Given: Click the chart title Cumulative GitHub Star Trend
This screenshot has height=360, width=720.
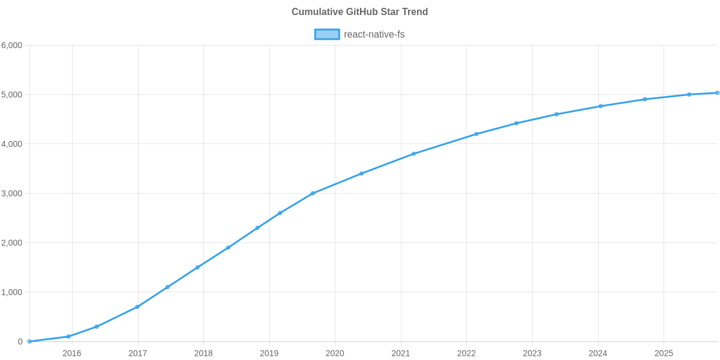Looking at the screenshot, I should click(x=359, y=12).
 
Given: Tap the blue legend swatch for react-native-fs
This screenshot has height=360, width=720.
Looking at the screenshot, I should click(x=326, y=34).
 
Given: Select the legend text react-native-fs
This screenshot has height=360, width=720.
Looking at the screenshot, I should click(x=374, y=34).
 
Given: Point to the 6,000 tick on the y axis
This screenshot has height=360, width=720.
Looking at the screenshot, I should click(x=12, y=46).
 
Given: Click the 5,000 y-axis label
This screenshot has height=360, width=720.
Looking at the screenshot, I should click(x=12, y=95).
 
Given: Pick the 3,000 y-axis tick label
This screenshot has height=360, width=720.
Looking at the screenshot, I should click(x=12, y=194).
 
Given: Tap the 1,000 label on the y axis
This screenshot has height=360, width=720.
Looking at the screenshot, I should click(x=12, y=292).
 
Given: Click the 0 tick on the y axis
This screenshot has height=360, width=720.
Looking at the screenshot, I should click(x=20, y=342).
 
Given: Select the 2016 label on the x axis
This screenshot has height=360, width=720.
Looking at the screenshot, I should click(x=71, y=353).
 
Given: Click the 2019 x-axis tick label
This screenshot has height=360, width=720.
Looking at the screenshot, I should click(x=269, y=353).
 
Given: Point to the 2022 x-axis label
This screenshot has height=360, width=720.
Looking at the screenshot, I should click(x=466, y=353).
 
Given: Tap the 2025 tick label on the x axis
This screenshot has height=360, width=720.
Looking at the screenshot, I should click(x=664, y=353).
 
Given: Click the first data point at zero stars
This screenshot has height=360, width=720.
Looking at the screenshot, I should click(x=29, y=341).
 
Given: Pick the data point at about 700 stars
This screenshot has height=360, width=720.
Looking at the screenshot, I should click(x=137, y=307).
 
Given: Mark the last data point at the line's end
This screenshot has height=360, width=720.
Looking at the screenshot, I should click(x=718, y=92).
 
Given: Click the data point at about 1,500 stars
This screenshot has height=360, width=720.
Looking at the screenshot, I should click(x=197, y=268).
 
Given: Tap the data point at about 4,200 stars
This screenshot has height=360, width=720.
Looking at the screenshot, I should click(x=476, y=134).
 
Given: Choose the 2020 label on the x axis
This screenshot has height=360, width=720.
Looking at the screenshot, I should click(x=335, y=353).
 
